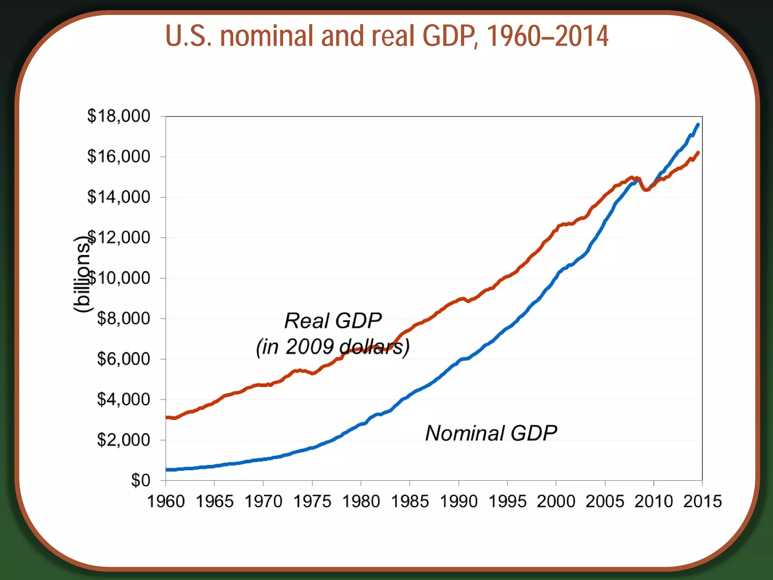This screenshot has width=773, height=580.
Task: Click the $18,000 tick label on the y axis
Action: [119, 116]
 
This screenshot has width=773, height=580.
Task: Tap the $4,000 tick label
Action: [123, 400]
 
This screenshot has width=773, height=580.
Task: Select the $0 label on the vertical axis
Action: [140, 481]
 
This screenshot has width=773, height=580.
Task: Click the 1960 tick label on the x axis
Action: [166, 502]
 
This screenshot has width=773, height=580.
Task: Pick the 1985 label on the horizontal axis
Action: [410, 502]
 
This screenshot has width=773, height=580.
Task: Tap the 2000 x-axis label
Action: [556, 502]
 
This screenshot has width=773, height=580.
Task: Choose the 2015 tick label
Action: [702, 502]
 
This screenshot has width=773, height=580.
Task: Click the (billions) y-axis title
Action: [82, 274]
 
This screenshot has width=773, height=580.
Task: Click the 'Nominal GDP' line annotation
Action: [491, 433]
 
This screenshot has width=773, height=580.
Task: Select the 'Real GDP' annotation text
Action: [333, 321]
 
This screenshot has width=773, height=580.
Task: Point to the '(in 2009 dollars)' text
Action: [333, 347]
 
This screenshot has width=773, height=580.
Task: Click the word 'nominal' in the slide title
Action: [266, 36]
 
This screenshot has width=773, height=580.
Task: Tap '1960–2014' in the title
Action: [547, 36]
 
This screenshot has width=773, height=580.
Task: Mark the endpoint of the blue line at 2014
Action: [698, 125]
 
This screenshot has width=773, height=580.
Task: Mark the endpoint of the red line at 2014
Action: [698, 153]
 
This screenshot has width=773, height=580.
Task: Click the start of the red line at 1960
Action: [167, 417]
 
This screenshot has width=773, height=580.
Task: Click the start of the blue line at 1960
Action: [167, 470]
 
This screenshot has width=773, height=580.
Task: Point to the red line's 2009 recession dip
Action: [646, 190]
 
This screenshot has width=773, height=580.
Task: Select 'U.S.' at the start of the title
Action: [189, 36]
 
